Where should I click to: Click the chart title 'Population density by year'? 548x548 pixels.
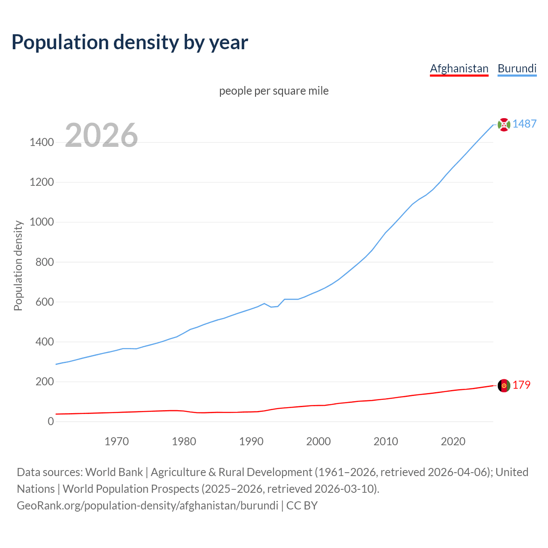pos(130,42)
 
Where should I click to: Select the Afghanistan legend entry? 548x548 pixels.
pos(459,68)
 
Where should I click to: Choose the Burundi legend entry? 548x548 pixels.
pos(517,68)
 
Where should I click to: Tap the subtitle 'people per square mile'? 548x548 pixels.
pos(274,91)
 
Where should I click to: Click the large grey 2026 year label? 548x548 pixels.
pos(101,135)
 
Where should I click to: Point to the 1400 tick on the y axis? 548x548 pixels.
pos(42,142)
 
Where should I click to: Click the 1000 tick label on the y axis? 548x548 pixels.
pos(42,222)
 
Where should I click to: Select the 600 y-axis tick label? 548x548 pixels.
pos(45,302)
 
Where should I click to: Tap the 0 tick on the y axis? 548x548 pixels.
pos(51,421)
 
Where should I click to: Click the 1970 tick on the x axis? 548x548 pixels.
pos(116,441)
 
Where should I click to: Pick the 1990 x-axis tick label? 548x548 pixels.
pos(251,441)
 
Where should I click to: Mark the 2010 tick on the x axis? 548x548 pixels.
pos(386,441)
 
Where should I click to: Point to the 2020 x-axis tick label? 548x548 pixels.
pos(453,441)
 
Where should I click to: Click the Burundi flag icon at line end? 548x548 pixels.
pos(504,125)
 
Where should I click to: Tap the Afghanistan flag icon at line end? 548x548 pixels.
pos(504,385)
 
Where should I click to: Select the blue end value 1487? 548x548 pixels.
pos(524,124)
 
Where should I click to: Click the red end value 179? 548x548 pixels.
pos(521,385)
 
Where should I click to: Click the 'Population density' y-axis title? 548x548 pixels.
pos(18,265)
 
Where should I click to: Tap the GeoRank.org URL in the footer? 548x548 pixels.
pos(147,505)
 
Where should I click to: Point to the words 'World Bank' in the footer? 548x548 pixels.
pos(114,472)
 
